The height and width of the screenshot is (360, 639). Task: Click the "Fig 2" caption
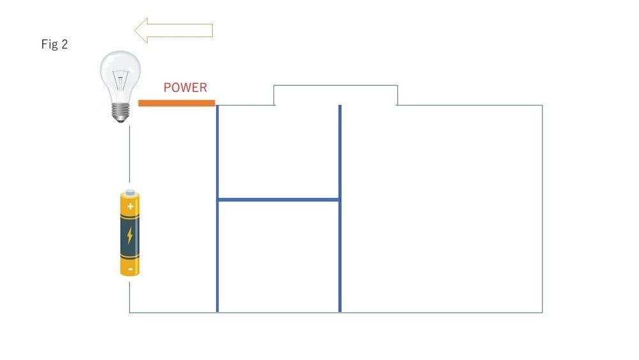coord(54,45)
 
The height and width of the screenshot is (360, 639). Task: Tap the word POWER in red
coord(185,88)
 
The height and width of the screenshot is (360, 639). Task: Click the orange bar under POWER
coord(176,103)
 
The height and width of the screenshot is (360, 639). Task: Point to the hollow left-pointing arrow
coord(174,30)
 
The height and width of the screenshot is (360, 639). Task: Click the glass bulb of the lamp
coord(120,74)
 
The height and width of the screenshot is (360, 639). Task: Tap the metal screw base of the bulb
coord(120,113)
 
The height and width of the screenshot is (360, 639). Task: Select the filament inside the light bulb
coord(120,83)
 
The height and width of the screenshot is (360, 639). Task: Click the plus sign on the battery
coord(130,206)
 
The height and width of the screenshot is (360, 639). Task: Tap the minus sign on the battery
coord(130,269)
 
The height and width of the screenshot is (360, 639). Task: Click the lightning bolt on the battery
coord(130,235)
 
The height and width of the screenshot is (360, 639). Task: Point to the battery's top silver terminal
coord(130,192)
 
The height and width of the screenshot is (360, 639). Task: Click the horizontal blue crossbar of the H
coord(279,200)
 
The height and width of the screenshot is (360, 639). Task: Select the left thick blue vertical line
coord(217,256)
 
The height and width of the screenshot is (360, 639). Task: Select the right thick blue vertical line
coord(340,256)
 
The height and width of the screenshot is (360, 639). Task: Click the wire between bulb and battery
coord(130,157)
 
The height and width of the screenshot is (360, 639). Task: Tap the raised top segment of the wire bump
coord(335,86)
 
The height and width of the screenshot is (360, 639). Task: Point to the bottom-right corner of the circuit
coord(543,313)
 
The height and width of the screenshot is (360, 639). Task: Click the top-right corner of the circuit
coord(543,105)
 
